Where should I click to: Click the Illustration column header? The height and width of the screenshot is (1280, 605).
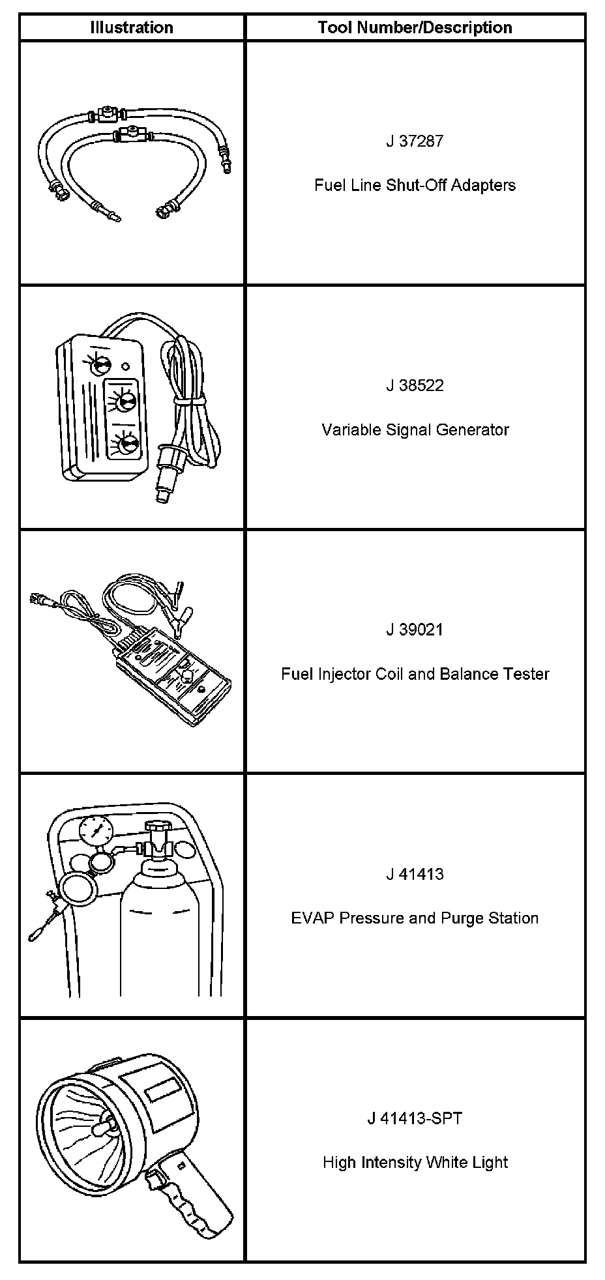click(x=132, y=27)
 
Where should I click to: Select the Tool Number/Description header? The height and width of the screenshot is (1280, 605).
click(x=415, y=27)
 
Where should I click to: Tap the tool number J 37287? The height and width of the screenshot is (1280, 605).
click(x=415, y=141)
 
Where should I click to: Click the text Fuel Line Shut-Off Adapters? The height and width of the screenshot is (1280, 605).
click(x=415, y=185)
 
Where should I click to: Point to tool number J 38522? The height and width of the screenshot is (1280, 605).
click(x=415, y=385)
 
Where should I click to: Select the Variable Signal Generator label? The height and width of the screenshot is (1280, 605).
click(x=415, y=429)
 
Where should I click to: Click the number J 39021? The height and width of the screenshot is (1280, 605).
click(x=415, y=630)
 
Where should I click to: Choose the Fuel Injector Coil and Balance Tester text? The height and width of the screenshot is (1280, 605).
click(x=415, y=674)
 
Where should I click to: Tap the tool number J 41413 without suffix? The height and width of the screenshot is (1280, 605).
click(x=415, y=874)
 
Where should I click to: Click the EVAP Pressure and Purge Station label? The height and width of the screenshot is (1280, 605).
click(x=415, y=918)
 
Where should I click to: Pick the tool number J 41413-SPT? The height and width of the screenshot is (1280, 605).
click(x=415, y=1118)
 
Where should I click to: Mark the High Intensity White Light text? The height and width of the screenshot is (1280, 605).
click(x=415, y=1163)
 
